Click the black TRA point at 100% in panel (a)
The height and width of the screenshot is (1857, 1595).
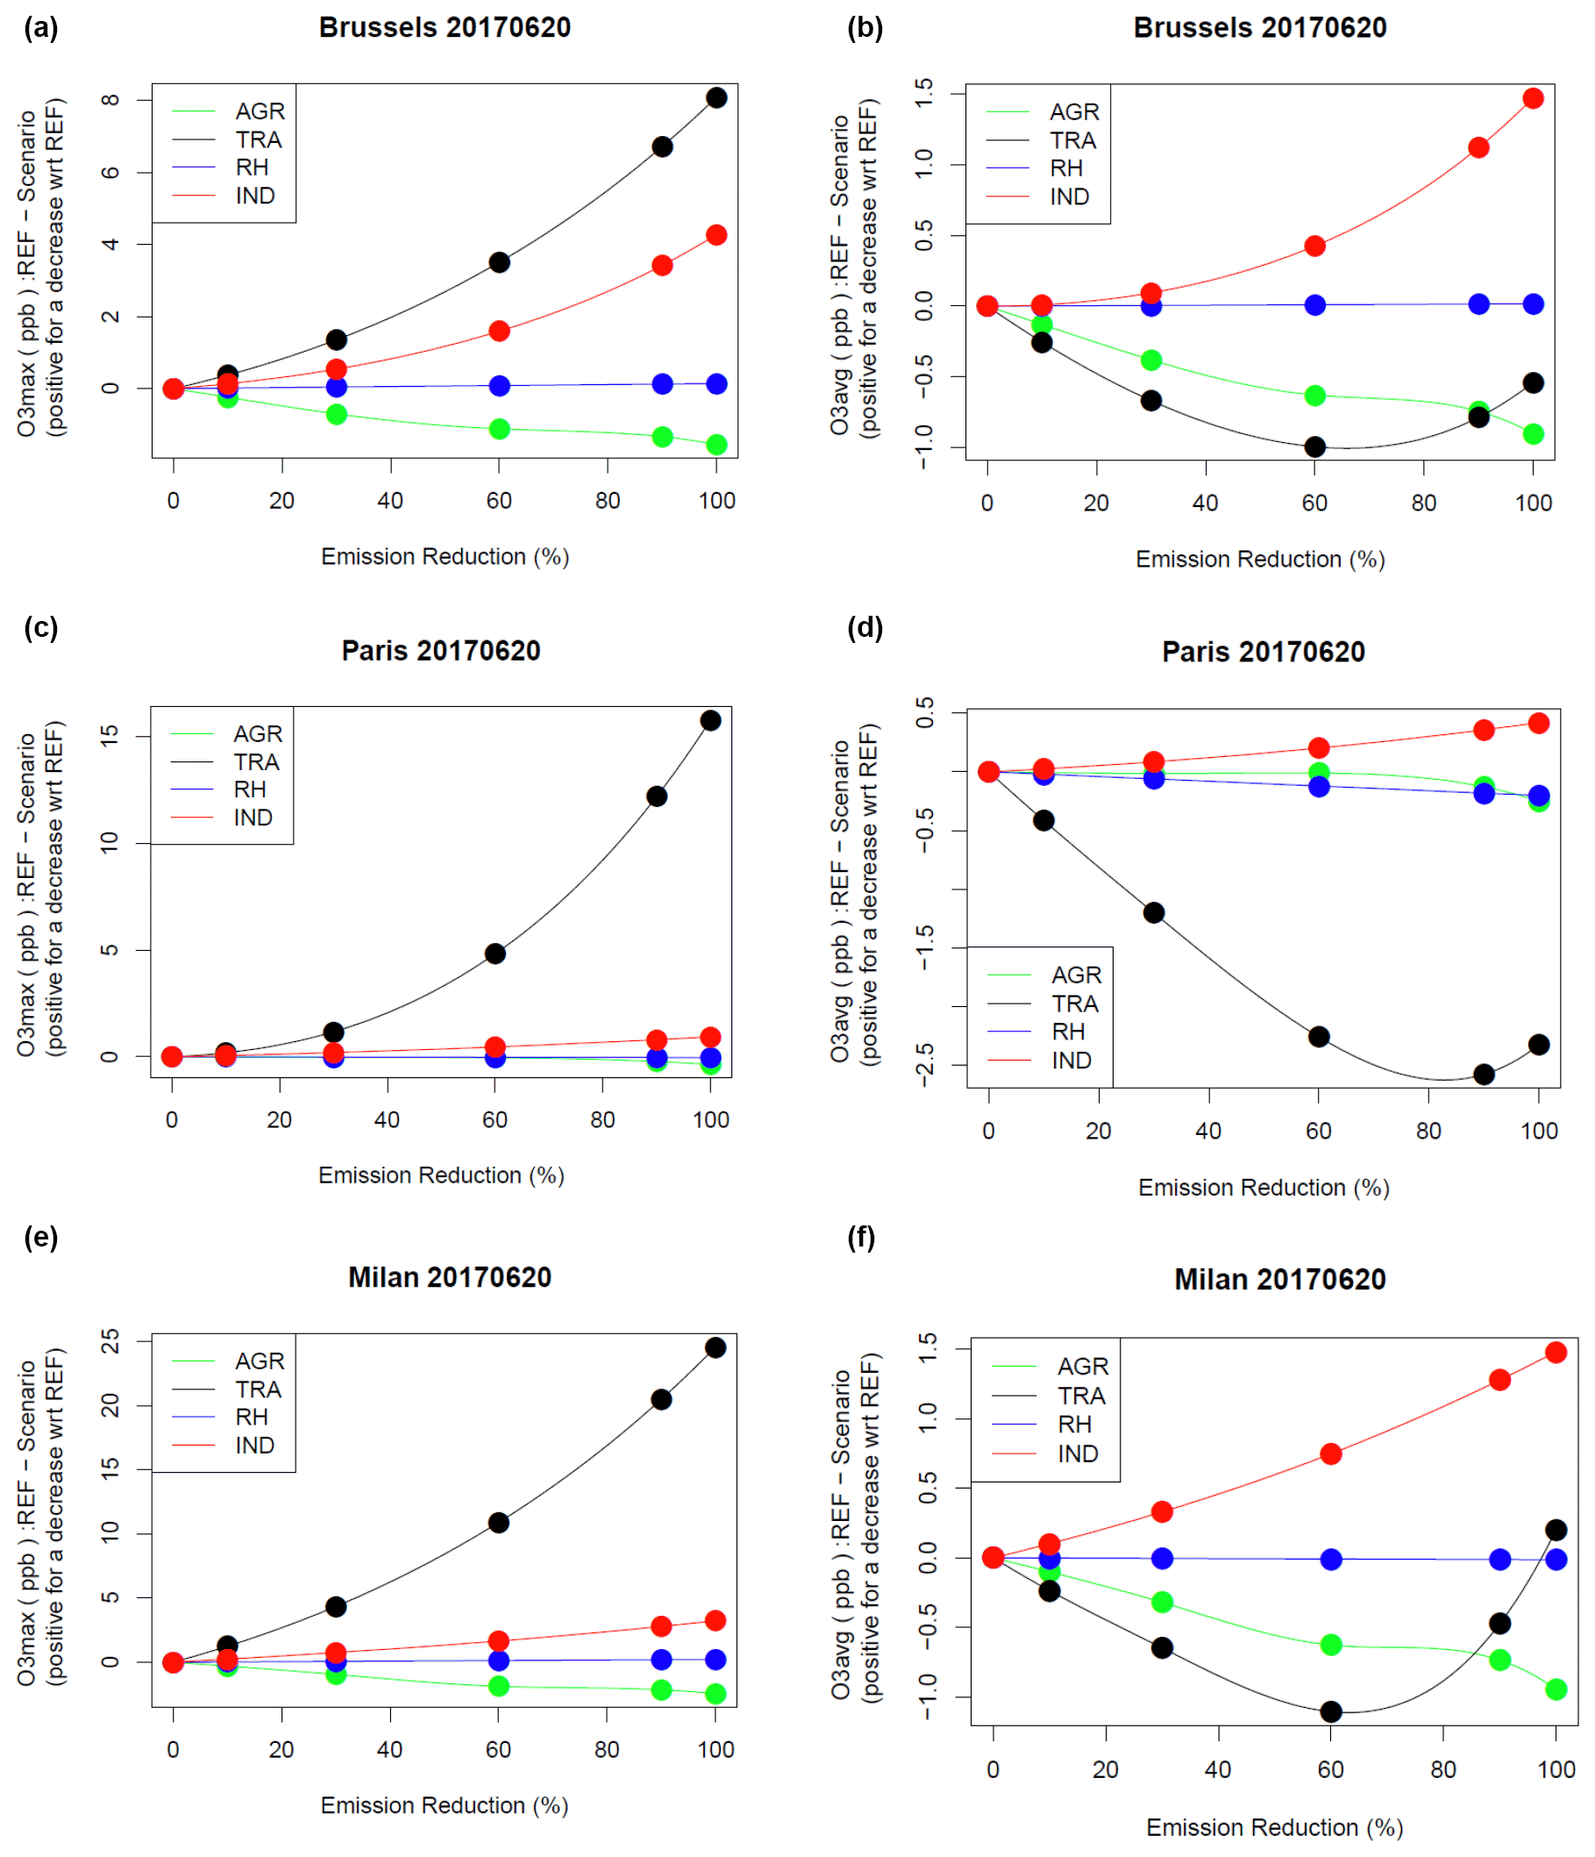[x=716, y=97]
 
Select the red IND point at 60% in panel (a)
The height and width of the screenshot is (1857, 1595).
[x=499, y=332]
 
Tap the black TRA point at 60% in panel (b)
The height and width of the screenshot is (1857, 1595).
[x=1314, y=447]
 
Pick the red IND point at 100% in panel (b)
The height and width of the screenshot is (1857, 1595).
[x=1533, y=98]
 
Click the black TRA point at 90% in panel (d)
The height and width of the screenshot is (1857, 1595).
[x=1484, y=1075]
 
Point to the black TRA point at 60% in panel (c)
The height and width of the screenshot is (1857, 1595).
[x=495, y=953]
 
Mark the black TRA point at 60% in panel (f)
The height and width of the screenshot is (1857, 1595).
[x=1331, y=1711]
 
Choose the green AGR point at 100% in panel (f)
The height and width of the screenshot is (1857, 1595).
[x=1556, y=1689]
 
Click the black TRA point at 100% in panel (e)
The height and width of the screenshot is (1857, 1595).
[x=715, y=1348]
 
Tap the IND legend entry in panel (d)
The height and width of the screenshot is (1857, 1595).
[x=1071, y=1061]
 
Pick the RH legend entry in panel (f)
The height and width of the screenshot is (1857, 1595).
[x=1074, y=1425]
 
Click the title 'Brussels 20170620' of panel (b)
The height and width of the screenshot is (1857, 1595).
[x=1260, y=28]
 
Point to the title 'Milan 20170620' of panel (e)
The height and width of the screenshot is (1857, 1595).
[x=450, y=1277]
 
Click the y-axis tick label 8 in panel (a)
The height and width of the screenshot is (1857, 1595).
[x=110, y=99]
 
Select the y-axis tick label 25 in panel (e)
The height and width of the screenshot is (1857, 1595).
[x=110, y=1342]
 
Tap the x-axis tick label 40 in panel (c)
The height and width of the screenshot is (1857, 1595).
[x=387, y=1119]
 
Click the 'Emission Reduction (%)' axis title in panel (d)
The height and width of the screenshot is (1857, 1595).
[x=1264, y=1188]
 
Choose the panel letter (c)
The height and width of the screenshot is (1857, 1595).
[x=40, y=627]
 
